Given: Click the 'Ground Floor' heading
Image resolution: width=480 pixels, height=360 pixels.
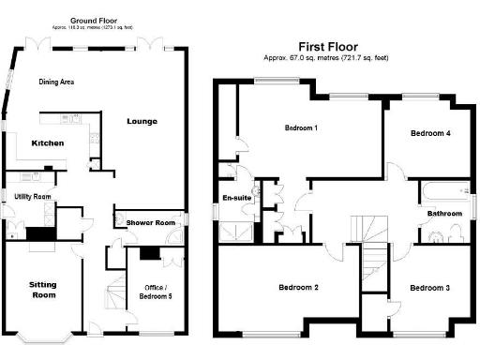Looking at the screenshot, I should tap(96, 19).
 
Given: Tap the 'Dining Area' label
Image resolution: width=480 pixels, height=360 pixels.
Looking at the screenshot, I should tap(56, 82).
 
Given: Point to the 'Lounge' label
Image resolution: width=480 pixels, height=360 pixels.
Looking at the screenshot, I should tap(142, 122).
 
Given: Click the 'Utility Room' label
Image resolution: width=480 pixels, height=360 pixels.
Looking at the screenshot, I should tap(32, 197).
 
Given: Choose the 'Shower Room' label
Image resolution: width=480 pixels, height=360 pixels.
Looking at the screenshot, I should tap(144, 223).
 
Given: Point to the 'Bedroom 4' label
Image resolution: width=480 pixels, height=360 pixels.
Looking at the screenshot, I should tap(430, 134).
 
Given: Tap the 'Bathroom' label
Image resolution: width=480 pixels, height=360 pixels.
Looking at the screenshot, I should tap(444, 214).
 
